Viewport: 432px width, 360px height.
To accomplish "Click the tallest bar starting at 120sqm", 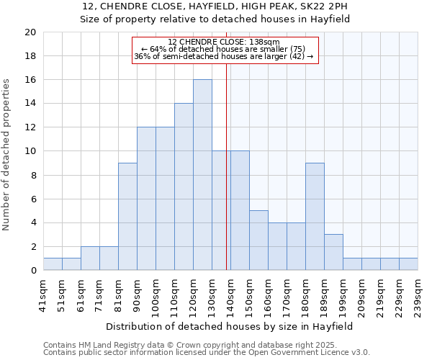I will (202, 175).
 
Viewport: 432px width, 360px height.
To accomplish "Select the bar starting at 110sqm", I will (184, 186).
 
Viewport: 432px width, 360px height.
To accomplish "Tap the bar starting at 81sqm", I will (127, 217).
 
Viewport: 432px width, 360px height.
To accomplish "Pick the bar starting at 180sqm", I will (315, 217).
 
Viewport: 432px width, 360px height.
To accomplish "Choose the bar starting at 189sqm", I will (333, 252).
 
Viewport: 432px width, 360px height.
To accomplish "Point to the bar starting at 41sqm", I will (53, 264).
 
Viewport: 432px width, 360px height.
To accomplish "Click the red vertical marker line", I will (227, 180).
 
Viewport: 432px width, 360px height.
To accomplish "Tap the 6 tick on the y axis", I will (32, 199).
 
